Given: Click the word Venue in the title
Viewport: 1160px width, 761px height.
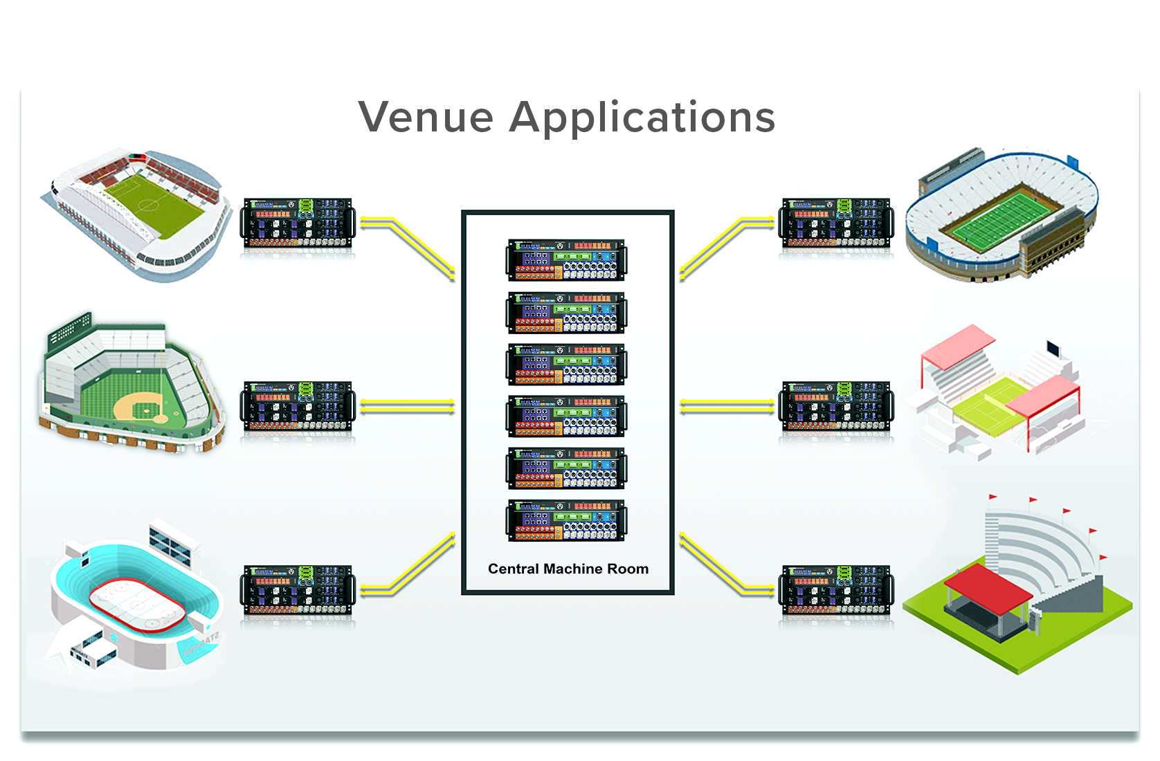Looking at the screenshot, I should [426, 117].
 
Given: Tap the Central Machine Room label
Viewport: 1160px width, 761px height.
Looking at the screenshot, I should [568, 569].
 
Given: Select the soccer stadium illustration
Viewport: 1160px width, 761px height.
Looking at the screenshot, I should [138, 211].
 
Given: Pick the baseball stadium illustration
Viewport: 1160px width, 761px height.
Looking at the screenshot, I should [132, 384].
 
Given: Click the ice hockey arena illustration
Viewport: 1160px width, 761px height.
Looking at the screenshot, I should [135, 598].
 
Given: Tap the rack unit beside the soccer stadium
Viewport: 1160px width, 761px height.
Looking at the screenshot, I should [298, 223].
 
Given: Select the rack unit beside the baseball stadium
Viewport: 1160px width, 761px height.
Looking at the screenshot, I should [298, 406].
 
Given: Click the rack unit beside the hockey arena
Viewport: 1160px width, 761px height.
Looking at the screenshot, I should [298, 590].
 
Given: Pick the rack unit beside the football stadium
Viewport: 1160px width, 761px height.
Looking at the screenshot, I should [836, 223].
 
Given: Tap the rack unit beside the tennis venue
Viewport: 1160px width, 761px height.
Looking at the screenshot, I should [836, 406].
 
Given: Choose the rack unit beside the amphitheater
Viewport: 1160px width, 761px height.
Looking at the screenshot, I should [836, 590].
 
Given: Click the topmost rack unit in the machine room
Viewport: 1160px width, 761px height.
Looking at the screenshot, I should [566, 259].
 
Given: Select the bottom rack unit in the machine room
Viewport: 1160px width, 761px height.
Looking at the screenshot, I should [566, 520].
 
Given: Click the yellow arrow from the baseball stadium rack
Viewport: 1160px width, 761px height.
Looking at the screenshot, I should [407, 407].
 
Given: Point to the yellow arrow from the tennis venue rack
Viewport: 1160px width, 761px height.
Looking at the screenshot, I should [727, 407].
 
